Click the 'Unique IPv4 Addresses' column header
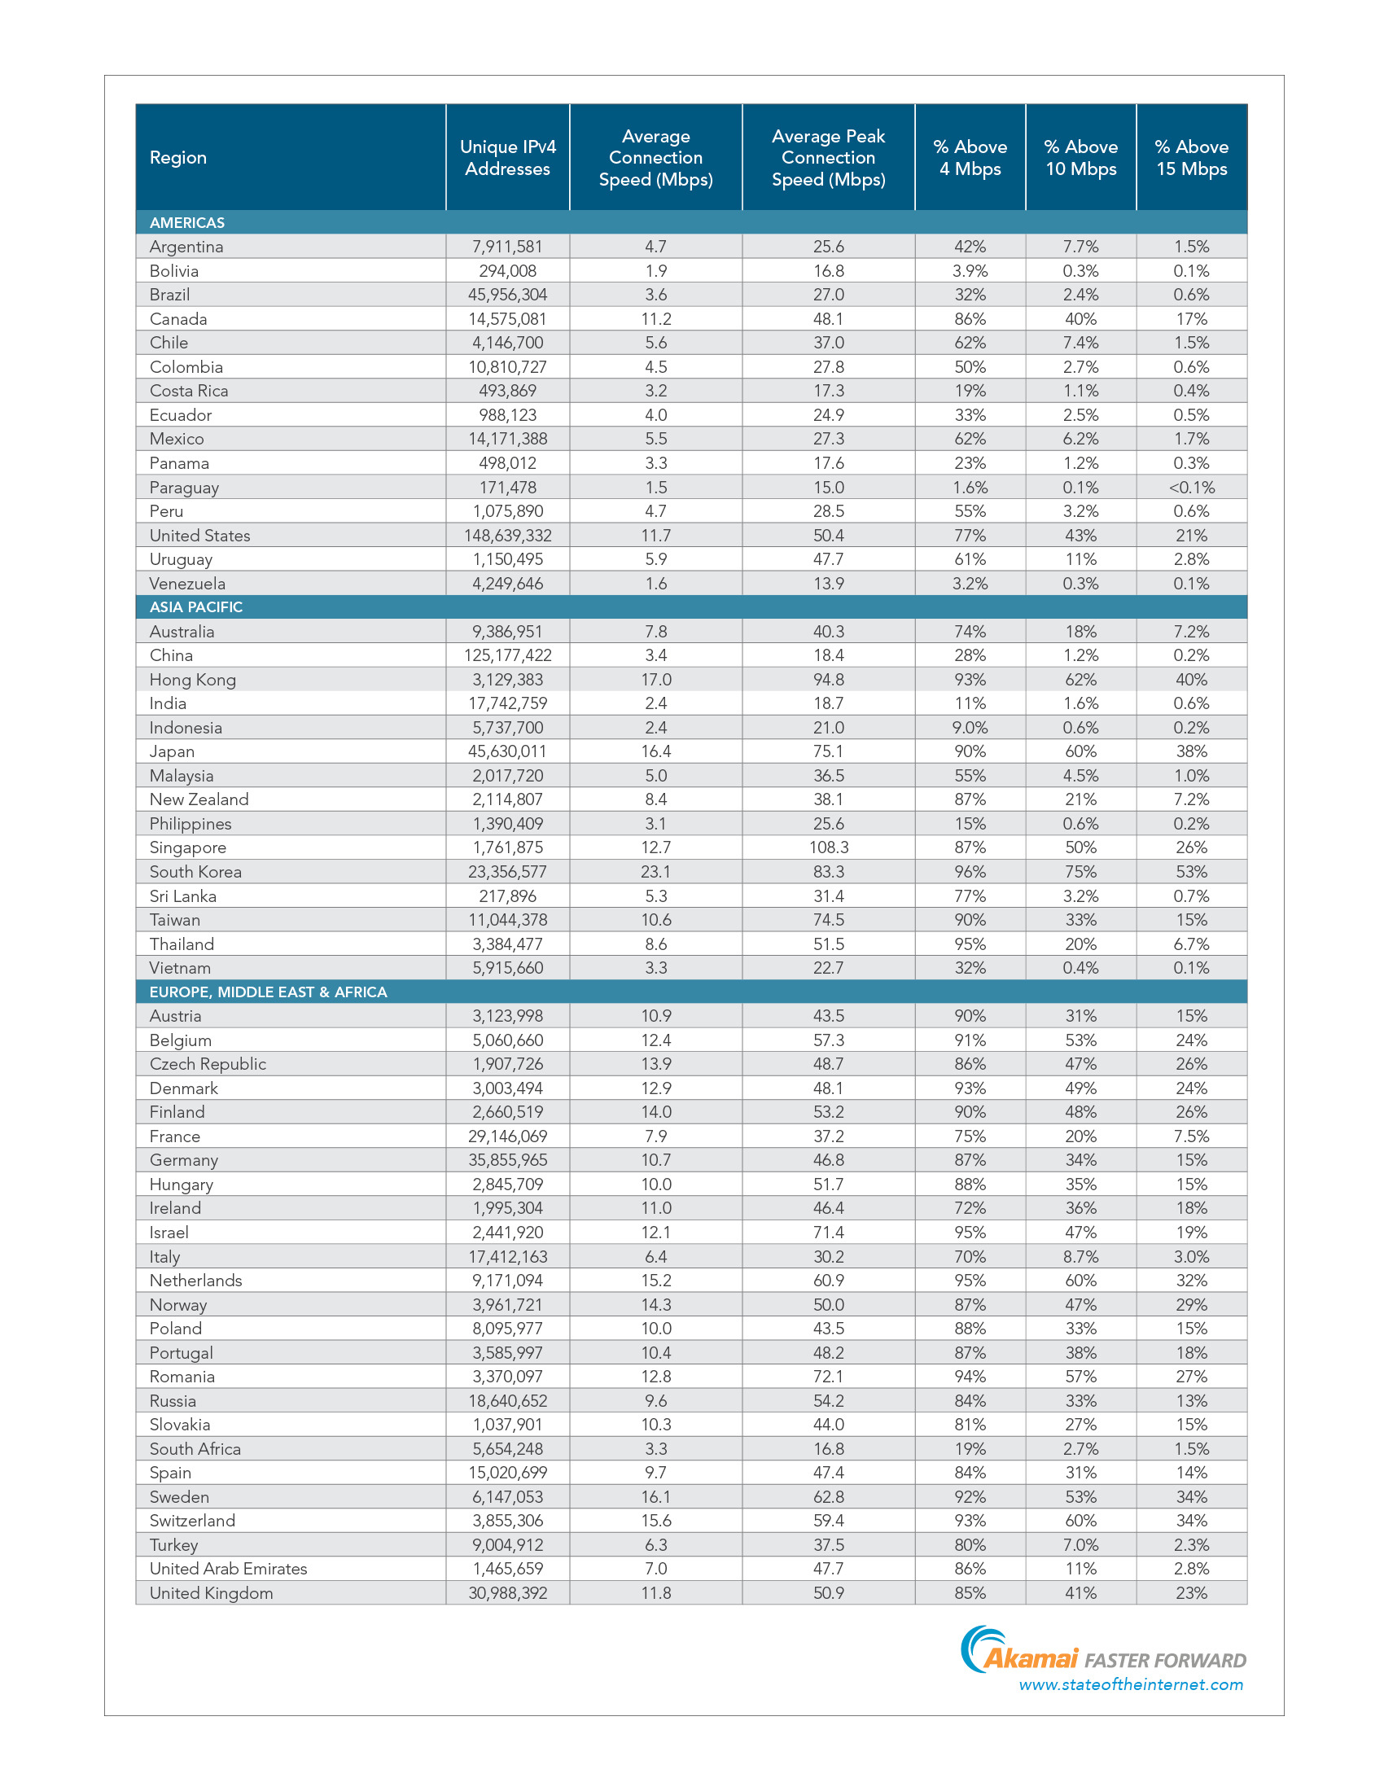(507, 157)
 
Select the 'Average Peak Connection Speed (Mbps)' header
(828, 157)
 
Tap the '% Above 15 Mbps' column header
(1191, 157)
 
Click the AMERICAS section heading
(187, 222)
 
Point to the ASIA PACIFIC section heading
(196, 606)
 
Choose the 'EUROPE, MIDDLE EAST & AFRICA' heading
(268, 992)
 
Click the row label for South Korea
(195, 872)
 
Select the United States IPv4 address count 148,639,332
(507, 536)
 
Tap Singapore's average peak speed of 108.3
(828, 847)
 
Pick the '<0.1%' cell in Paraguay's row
(1191, 487)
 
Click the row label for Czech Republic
(208, 1064)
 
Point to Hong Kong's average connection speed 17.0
(656, 679)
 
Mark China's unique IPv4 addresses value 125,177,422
(507, 655)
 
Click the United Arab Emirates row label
(228, 1568)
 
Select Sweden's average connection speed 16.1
(656, 1496)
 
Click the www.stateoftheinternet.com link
(1131, 1684)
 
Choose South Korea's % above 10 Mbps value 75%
(1080, 872)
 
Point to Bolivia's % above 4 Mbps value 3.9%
(970, 270)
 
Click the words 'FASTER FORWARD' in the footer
(1165, 1661)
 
